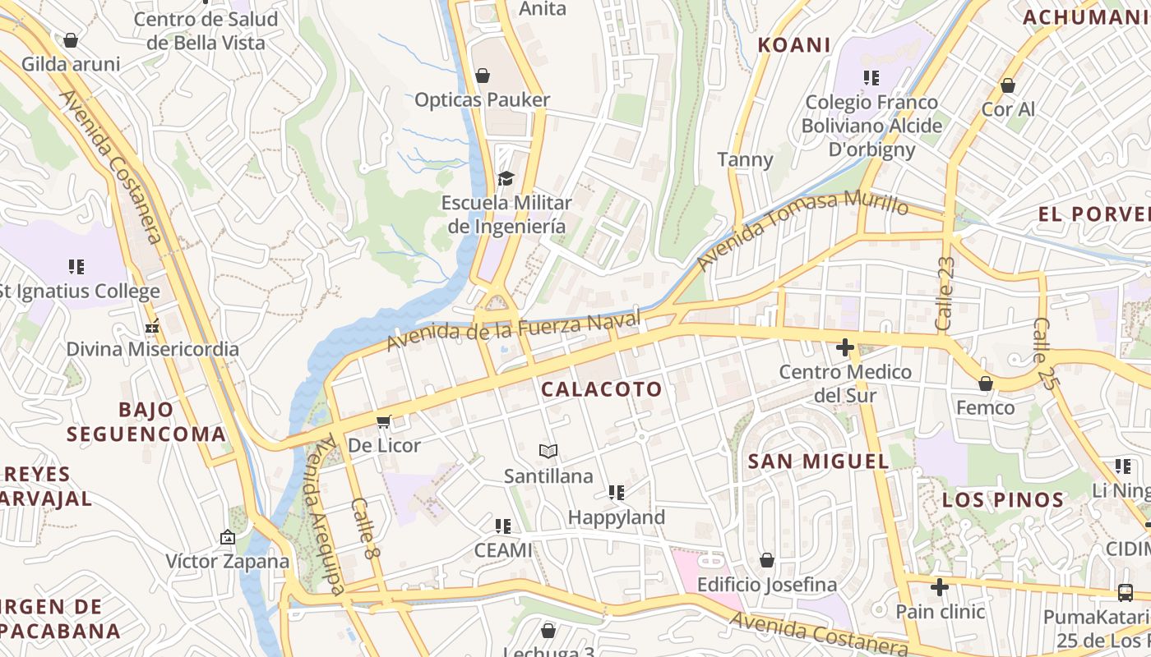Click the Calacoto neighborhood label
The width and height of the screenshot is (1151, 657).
tap(602, 389)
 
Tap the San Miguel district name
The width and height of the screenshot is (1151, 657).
tap(818, 462)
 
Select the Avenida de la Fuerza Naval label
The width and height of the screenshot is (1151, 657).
tap(513, 330)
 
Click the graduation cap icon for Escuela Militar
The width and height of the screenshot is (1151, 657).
tap(506, 178)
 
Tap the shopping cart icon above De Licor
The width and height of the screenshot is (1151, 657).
tap(383, 422)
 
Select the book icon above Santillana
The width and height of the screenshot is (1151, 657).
tap(548, 451)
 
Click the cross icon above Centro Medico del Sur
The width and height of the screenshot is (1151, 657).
tap(844, 348)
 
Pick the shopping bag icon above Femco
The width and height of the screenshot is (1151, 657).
tap(985, 384)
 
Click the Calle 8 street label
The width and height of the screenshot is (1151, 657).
tap(366, 530)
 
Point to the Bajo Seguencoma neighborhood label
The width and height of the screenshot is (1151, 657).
tap(146, 422)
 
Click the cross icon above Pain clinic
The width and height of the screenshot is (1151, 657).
tap(940, 587)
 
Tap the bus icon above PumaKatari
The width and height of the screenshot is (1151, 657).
tap(1125, 592)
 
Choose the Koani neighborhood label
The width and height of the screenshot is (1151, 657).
tap(793, 45)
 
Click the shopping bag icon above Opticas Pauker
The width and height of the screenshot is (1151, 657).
tap(483, 76)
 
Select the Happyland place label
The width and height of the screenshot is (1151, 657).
tap(616, 517)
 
